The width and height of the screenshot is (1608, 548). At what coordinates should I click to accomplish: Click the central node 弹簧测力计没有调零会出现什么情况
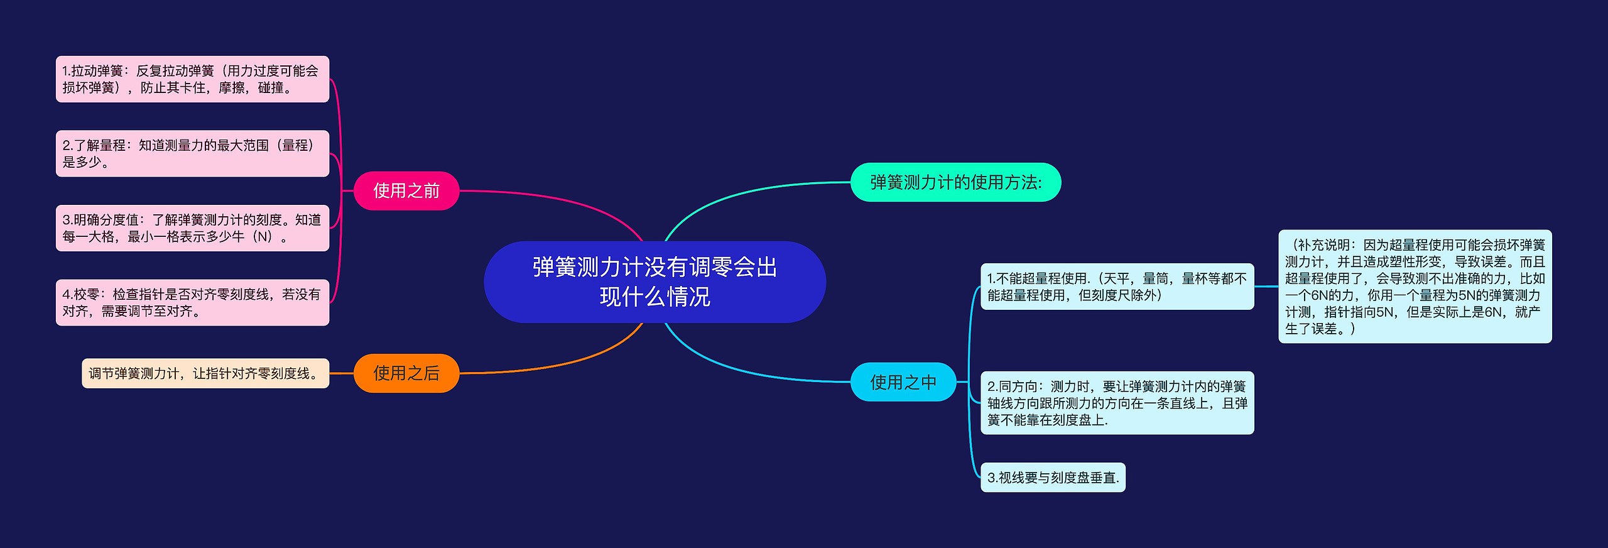(x=655, y=282)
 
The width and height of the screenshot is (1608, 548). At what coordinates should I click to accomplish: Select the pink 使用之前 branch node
(x=406, y=190)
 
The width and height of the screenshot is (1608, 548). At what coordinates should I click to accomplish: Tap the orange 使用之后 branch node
(x=406, y=373)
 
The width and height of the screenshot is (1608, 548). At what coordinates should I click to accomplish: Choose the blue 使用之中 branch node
(x=903, y=382)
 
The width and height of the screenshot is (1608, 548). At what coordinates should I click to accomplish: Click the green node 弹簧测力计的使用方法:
(x=955, y=182)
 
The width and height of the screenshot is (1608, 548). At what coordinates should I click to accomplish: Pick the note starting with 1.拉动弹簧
(x=192, y=79)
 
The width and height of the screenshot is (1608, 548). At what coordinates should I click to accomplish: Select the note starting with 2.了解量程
(x=192, y=153)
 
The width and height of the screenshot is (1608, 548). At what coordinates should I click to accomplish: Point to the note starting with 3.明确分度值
(x=192, y=228)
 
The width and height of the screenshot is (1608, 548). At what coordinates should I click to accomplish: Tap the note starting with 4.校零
(x=192, y=302)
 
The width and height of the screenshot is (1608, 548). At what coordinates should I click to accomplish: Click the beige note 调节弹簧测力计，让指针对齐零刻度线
(x=205, y=373)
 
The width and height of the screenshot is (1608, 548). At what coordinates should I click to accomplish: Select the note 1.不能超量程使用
(x=1117, y=287)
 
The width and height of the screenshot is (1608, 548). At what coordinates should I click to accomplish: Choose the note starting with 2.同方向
(x=1117, y=403)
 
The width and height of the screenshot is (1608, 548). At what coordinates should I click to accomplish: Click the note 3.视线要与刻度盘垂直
(x=1053, y=478)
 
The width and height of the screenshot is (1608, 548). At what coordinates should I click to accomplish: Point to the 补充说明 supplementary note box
(x=1415, y=287)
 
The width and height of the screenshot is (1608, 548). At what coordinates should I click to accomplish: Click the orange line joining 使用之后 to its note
(x=342, y=373)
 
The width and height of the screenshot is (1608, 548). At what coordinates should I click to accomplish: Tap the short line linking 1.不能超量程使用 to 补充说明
(x=1266, y=287)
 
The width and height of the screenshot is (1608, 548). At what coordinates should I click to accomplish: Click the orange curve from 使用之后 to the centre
(x=565, y=363)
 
